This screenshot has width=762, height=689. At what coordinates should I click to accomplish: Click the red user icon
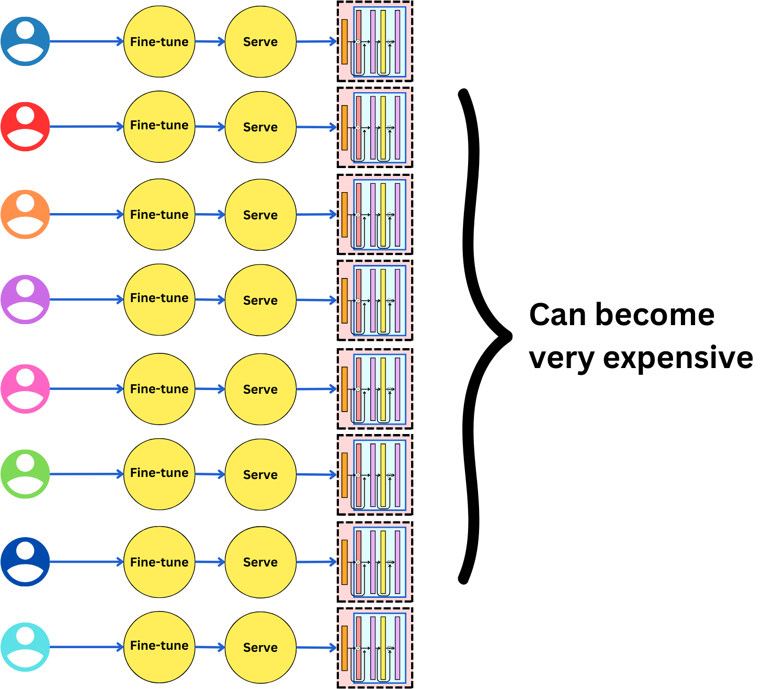pos(25,127)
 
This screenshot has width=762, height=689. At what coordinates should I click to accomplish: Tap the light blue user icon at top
pos(25,41)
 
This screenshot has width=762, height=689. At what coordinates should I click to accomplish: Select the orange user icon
pos(25,214)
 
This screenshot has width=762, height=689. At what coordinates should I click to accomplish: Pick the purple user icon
pos(25,299)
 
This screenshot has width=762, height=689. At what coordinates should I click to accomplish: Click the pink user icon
pos(25,389)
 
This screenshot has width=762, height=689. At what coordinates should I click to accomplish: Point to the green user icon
pos(25,474)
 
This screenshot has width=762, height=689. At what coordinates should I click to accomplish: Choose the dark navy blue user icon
pos(25,562)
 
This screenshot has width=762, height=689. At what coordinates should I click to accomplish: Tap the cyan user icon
pos(25,647)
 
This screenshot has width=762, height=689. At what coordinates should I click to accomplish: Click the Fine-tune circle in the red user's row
pos(159,127)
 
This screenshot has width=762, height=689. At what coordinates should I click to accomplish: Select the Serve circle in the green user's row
pos(260,474)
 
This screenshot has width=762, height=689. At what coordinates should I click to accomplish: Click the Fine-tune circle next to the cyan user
pos(159,647)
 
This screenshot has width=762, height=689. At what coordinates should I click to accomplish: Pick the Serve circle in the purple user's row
pos(260,300)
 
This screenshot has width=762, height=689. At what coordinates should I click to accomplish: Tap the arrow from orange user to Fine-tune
pos(86,214)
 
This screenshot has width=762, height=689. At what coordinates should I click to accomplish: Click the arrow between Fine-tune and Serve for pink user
pos(210,389)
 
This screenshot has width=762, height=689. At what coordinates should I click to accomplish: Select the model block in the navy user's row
pos(375,562)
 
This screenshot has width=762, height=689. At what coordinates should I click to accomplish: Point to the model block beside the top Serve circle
pos(375,41)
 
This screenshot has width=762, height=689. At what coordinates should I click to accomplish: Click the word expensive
pos(678,358)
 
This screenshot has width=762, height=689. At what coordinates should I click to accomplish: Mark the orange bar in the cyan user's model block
pos(344,648)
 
